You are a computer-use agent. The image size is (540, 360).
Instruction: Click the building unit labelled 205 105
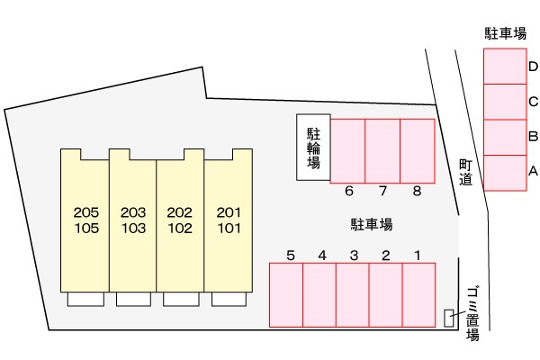click(85, 220)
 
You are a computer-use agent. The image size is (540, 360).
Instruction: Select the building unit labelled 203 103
click(132, 220)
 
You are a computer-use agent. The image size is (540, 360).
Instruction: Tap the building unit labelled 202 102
click(180, 220)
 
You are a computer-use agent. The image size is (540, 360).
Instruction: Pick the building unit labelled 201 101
click(229, 220)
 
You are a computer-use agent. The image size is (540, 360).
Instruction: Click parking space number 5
click(286, 294)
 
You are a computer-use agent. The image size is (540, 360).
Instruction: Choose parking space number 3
click(353, 294)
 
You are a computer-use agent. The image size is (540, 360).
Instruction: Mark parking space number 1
click(418, 294)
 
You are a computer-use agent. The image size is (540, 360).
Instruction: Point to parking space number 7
click(382, 150)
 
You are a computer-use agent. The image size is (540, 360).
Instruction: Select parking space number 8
click(418, 150)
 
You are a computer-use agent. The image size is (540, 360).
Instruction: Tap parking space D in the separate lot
click(505, 67)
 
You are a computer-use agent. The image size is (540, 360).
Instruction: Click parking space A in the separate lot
click(505, 172)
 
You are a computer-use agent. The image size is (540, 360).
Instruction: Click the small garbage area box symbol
click(450, 317)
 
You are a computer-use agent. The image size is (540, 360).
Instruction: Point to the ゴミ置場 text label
click(472, 313)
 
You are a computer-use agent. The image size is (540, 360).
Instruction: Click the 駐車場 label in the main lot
click(372, 224)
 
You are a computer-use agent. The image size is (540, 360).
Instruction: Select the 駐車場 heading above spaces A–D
click(505, 34)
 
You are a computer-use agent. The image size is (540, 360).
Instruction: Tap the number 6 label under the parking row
click(348, 191)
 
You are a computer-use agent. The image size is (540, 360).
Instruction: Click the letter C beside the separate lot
click(533, 102)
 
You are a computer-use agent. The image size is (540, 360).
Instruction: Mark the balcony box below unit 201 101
click(229, 300)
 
